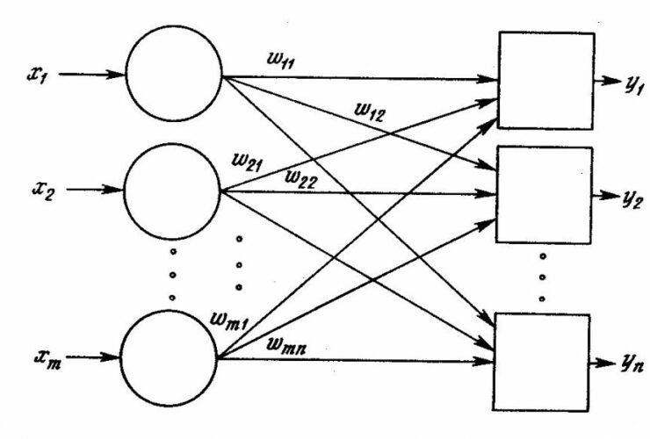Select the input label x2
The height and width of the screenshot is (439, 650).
coord(39,189)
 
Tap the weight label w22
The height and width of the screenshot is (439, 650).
coord(302,177)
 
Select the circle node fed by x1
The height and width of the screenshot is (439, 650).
coord(175,76)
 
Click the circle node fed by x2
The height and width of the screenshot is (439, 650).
coord(173,190)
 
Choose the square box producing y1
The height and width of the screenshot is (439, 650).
coord(545,81)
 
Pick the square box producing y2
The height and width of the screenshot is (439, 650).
coord(545,194)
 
